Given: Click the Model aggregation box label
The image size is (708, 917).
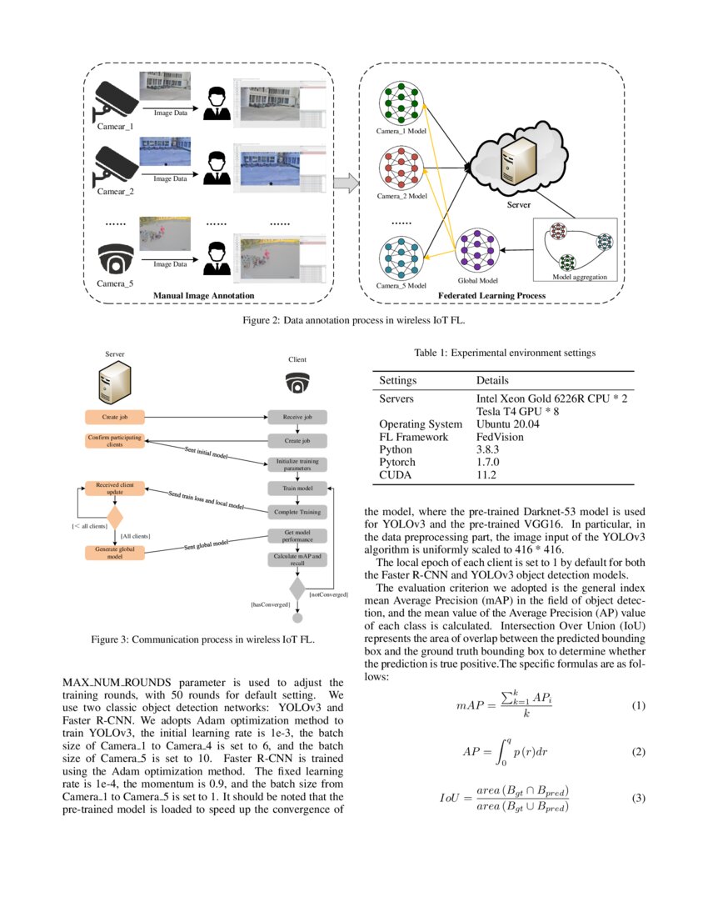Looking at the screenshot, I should (580, 277).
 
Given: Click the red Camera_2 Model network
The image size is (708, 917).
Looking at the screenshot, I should (401, 170).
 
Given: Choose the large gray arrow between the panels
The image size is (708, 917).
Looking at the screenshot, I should (346, 182).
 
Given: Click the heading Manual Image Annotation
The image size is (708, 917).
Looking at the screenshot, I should (203, 296).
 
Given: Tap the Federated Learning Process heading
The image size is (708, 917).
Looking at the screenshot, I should (491, 296).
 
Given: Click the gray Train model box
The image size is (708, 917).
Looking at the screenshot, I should (297, 488).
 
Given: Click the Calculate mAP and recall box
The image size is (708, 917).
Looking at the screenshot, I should (297, 559).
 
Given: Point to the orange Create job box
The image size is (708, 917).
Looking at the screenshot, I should (115, 416).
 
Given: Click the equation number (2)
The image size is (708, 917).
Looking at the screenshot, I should (638, 752).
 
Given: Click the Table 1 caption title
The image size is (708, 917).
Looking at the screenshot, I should (505, 353).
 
